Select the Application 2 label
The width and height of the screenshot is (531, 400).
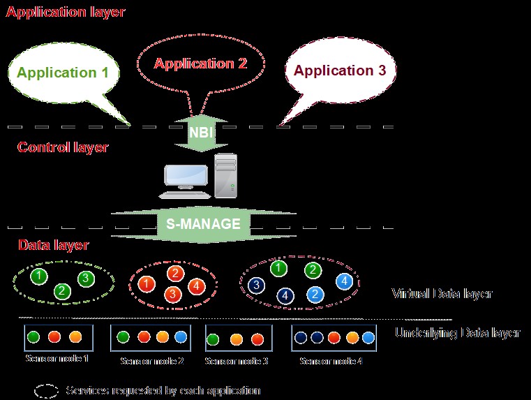point(201,64)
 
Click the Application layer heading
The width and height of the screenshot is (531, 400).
point(66,12)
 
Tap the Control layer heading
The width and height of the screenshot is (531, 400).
point(63,147)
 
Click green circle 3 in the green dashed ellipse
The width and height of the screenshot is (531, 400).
point(86,279)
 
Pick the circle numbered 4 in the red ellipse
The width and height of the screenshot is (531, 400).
point(197,286)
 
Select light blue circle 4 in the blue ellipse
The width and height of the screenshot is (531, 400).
point(343,281)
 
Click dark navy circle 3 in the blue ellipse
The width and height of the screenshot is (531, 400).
point(257,285)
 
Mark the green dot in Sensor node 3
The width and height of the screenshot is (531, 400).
point(214,339)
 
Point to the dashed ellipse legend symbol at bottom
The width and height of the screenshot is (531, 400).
point(47,390)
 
